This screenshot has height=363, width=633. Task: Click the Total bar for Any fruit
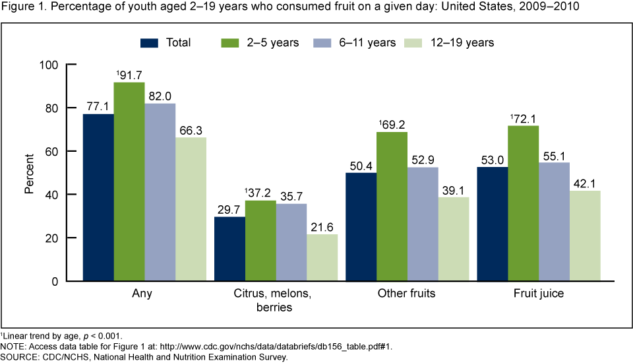pos(98,197)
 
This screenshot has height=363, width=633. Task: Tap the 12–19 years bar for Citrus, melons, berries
pos(322,257)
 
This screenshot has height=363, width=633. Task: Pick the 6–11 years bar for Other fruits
pos(423,224)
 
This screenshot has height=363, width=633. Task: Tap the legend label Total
pos(178,43)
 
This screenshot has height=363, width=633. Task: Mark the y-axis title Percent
pos(30,173)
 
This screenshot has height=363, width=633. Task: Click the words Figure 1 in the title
pos(20,8)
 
